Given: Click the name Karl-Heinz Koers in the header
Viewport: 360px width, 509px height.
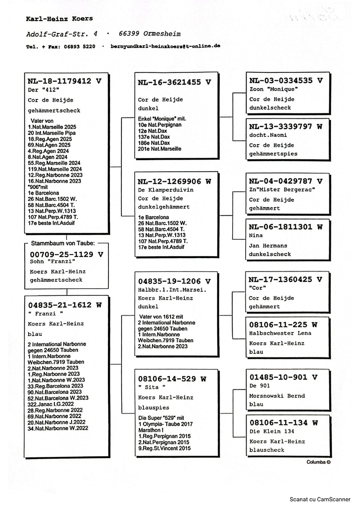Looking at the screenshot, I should click(59, 19).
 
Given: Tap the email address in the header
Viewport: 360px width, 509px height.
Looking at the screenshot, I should click(165, 46).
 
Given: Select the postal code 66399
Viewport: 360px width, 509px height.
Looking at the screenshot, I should click(131, 34).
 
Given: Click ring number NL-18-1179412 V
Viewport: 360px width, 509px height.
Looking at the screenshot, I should click(64, 81).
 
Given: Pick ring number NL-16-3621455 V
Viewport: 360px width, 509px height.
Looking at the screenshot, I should click(175, 82).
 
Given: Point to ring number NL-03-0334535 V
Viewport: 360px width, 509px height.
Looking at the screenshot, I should click(286, 80).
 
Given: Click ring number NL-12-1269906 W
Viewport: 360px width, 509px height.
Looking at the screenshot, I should click(175, 182).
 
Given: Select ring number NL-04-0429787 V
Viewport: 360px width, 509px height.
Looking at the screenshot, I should click(286, 181).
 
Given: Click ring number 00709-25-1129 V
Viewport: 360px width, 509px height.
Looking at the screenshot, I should click(67, 254).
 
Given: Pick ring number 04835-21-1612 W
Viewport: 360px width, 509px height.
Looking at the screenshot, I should click(65, 305).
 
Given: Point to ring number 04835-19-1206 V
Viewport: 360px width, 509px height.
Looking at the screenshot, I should click(175, 281).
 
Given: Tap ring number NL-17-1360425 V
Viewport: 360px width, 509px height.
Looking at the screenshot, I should click(286, 279).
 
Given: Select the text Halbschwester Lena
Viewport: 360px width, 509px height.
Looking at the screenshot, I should click(280, 333).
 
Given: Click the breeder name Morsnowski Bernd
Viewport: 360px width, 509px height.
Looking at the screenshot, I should click(277, 396).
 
